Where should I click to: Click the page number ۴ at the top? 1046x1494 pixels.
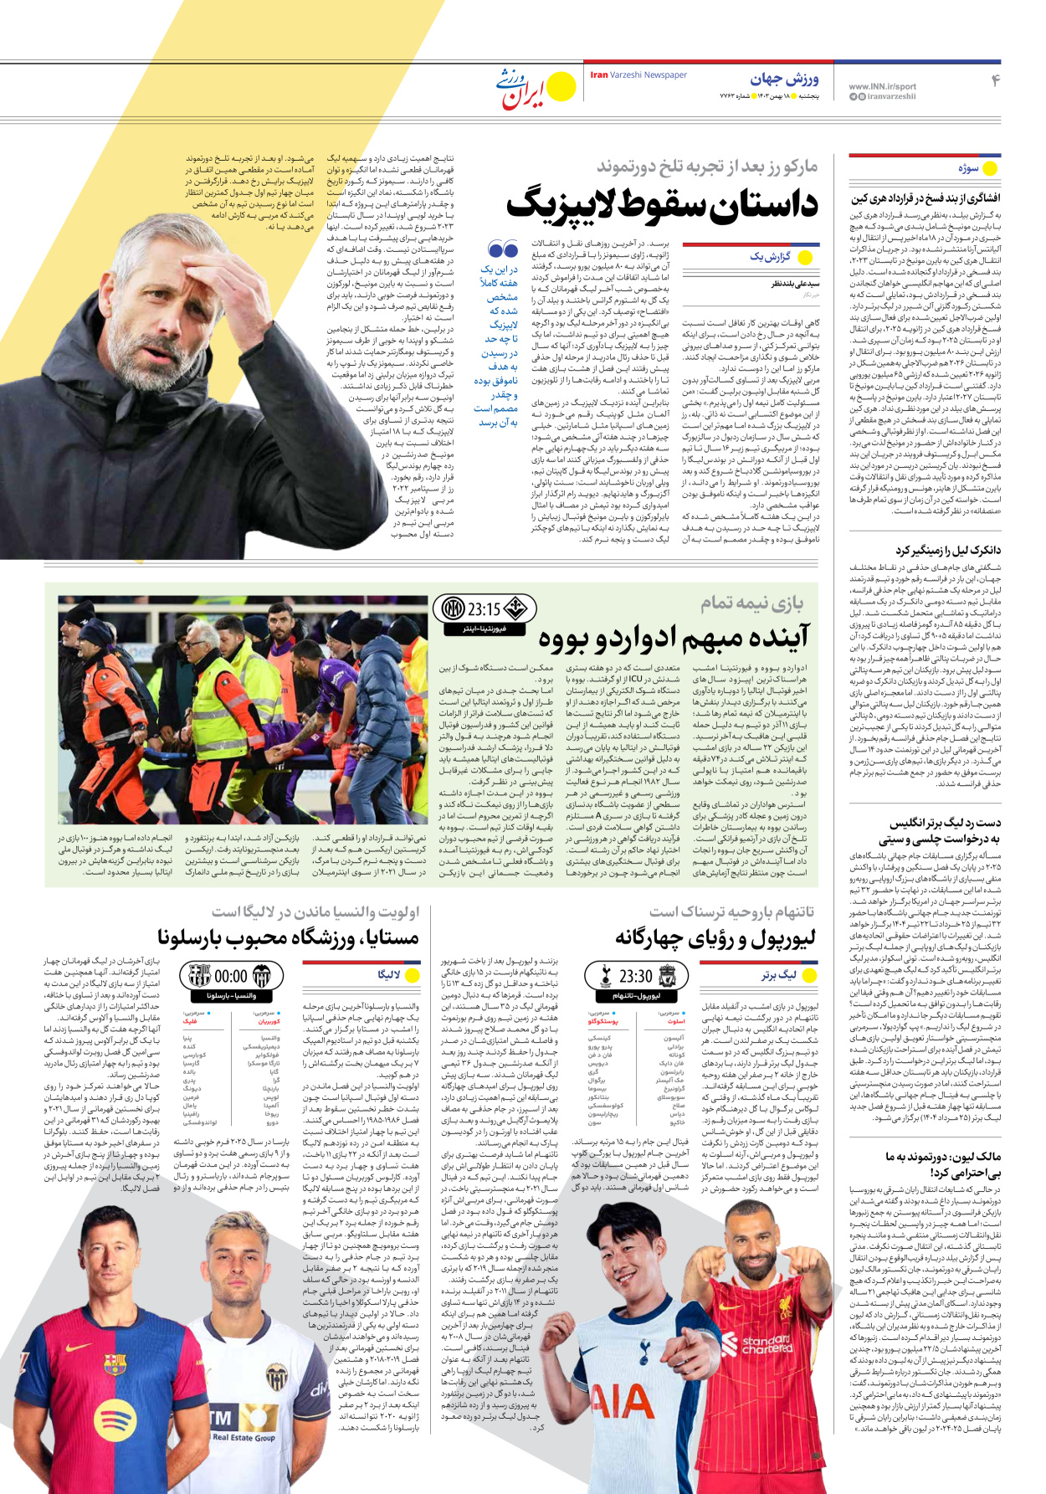tap(996, 80)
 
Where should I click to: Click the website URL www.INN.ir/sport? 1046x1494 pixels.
tap(882, 86)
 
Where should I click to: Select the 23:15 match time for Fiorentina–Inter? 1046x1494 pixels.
tap(484, 609)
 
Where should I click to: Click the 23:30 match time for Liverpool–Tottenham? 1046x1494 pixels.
tap(635, 976)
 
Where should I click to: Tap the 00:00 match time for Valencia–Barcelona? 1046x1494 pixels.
tap(231, 976)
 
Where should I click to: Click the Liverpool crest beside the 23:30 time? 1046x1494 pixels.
tap(668, 976)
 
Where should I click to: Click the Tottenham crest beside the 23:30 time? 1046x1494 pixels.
tap(605, 976)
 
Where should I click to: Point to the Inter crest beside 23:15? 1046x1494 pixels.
tap(453, 608)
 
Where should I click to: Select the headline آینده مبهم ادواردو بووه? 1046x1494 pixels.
tap(674, 638)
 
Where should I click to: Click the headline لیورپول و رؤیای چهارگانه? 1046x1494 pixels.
tap(715, 938)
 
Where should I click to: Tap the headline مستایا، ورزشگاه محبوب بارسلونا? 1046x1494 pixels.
tap(288, 938)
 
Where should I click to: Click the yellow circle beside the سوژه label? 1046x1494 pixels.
tap(991, 168)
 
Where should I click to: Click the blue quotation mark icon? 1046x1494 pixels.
tap(503, 249)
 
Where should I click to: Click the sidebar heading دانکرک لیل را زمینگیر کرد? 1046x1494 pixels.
tap(947, 551)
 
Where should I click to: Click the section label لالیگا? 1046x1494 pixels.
tap(389, 975)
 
